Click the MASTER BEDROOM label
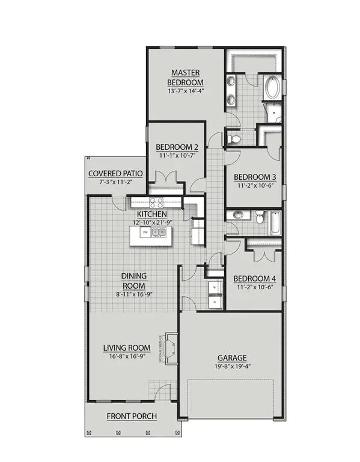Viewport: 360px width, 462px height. click(x=186, y=78)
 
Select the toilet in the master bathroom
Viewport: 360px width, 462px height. click(x=236, y=139)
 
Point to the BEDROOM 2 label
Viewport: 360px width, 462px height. click(x=177, y=147)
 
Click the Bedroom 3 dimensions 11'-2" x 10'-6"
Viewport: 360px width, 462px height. click(x=255, y=185)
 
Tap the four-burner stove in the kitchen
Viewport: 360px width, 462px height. click(x=157, y=203)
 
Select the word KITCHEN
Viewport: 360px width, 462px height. click(x=151, y=214)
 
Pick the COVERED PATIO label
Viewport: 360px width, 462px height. click(x=115, y=174)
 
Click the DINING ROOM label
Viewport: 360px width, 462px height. click(x=135, y=280)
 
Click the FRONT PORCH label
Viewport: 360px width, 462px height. click(x=132, y=416)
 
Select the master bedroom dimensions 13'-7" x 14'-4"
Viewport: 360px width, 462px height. click(x=186, y=91)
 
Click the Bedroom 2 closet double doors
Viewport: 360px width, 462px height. click(x=165, y=177)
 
